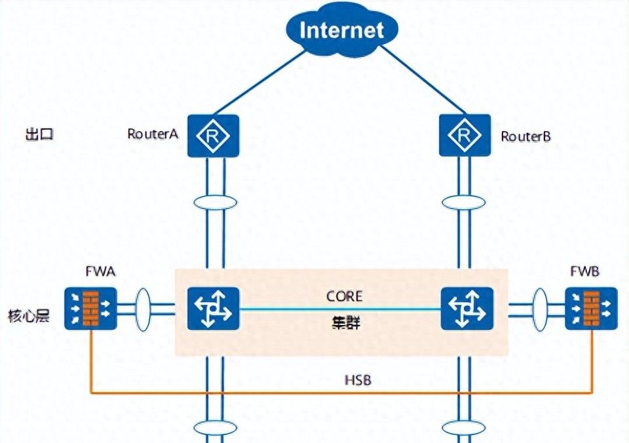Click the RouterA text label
point(153,135)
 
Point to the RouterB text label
point(526,136)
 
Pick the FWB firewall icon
point(592,308)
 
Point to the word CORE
point(344,296)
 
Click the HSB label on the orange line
point(358,380)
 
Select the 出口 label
point(38,135)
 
